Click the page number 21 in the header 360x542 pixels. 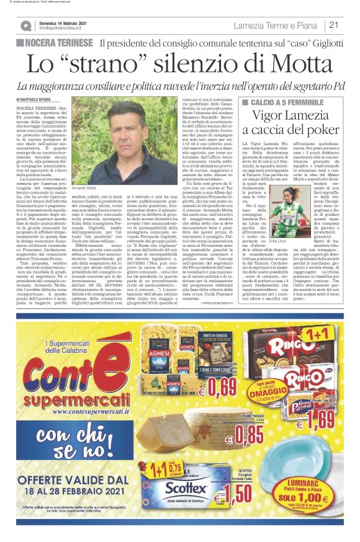334,25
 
